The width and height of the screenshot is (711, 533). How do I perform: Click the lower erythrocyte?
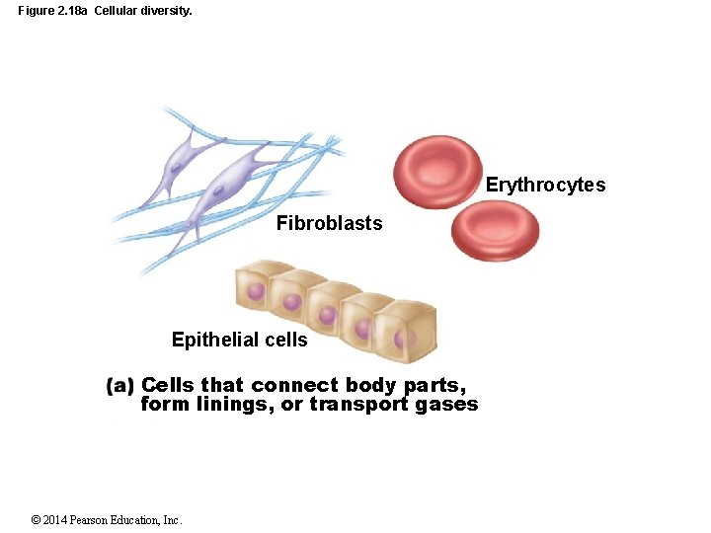click(495, 231)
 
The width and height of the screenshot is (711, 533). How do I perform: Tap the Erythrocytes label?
click(545, 186)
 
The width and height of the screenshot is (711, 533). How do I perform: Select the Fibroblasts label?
click(329, 224)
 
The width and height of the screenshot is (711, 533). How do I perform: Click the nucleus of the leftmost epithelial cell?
click(256, 292)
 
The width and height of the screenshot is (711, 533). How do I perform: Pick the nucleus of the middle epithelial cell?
click(327, 316)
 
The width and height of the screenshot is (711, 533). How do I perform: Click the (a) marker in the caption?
click(119, 386)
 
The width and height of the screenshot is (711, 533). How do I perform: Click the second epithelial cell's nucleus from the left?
click(291, 302)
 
